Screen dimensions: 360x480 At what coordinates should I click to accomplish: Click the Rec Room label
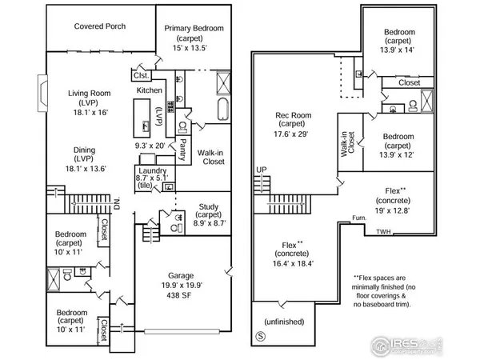295,114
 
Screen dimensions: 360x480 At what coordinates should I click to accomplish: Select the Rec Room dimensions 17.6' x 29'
295,134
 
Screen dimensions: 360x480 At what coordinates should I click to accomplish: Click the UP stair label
262,170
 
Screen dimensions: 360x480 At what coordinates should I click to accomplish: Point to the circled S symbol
259,335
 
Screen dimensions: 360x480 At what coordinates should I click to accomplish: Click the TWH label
384,234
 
